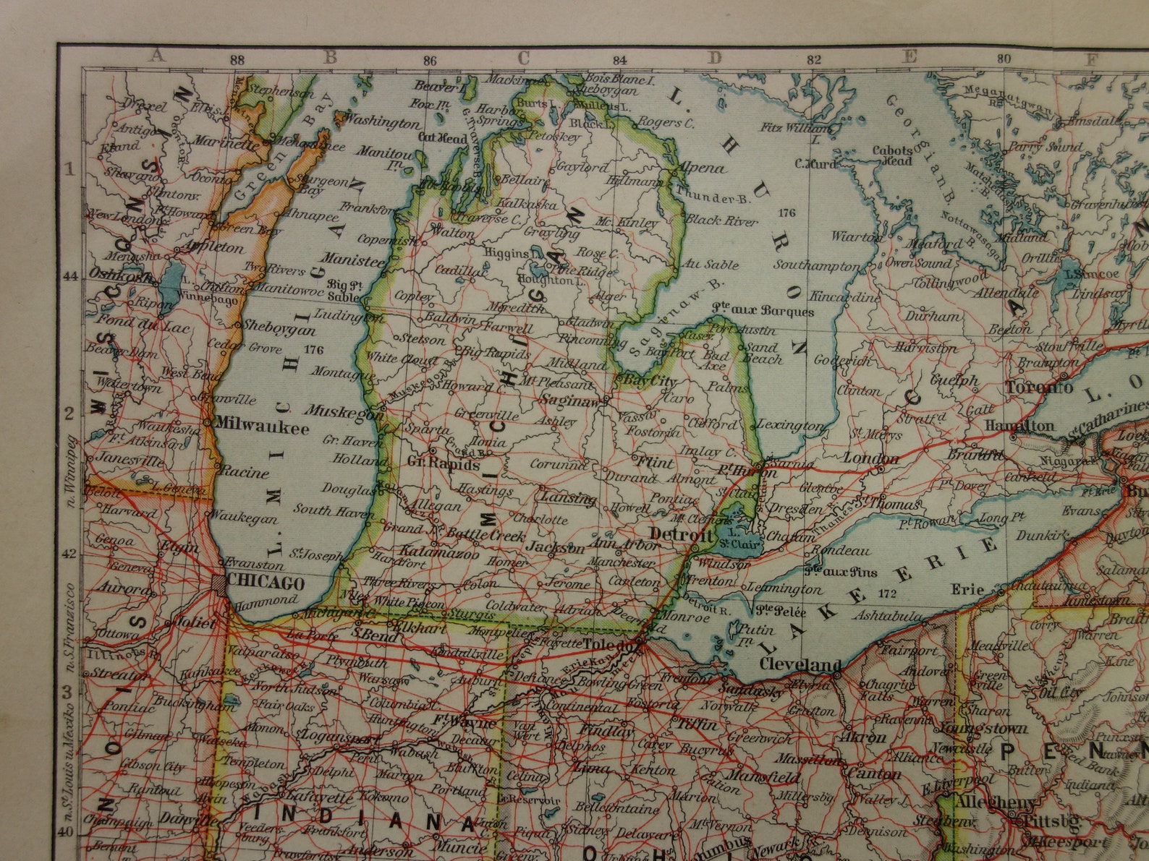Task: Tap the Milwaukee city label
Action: coord(261,427)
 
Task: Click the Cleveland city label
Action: coord(800,664)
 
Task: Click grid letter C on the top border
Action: coord(523,57)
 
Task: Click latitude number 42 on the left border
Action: coord(69,553)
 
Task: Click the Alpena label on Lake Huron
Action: coord(700,168)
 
